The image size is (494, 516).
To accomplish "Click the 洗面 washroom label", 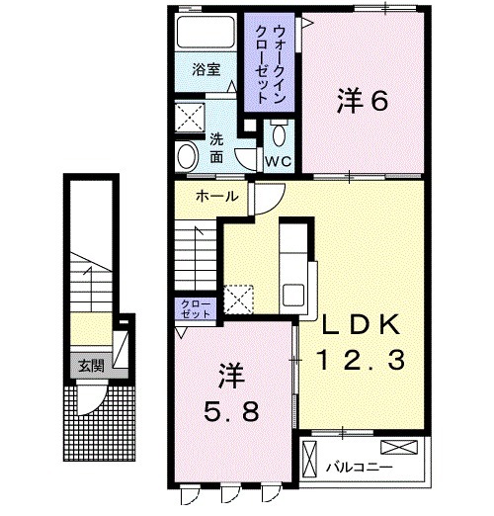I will pos(216,148).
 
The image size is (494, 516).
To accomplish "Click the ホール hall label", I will pos(216,196).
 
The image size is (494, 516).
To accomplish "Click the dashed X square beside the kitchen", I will pos(239,298).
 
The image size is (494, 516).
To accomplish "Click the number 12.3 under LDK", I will pos(358,363).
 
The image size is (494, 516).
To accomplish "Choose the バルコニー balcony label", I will pos(365,466).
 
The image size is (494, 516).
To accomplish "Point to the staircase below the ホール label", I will pos(195,253).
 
